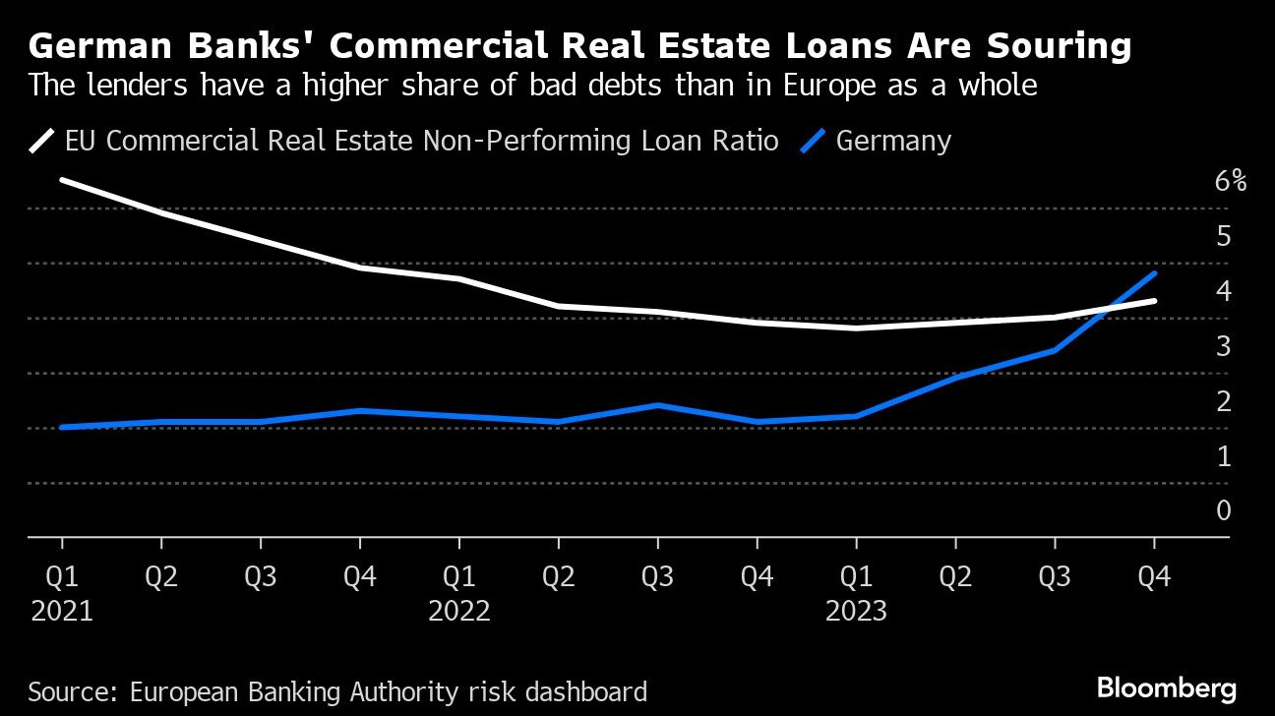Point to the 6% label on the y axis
pyautogui.click(x=1230, y=181)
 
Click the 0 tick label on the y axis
pyautogui.click(x=1223, y=509)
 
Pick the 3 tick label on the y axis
pyautogui.click(x=1223, y=345)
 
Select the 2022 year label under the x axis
pyautogui.click(x=458, y=611)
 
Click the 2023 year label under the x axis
pyautogui.click(x=856, y=611)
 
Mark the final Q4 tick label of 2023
pyautogui.click(x=1153, y=575)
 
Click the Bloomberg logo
pyautogui.click(x=1166, y=686)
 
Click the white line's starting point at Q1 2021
pyautogui.click(x=62, y=180)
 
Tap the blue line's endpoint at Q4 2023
pyautogui.click(x=1153, y=272)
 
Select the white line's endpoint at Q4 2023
pyautogui.click(x=1153, y=301)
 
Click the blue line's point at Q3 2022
pyautogui.click(x=657, y=405)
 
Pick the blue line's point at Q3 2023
pyautogui.click(x=1055, y=350)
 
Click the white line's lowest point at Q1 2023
pyautogui.click(x=856, y=328)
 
